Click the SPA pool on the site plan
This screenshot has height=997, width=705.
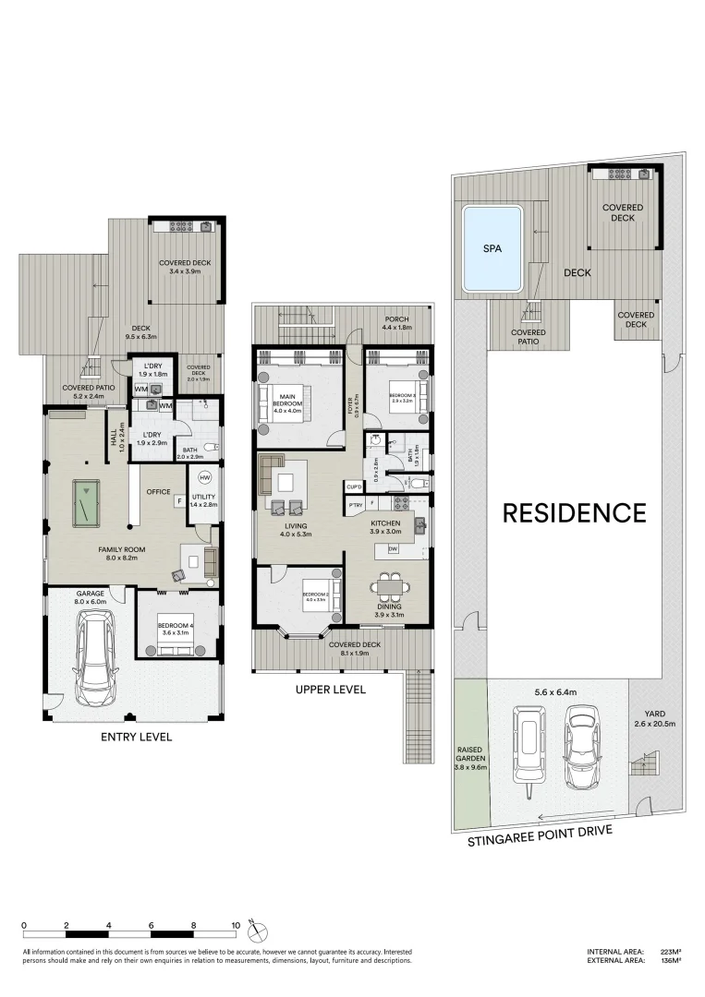(492, 249)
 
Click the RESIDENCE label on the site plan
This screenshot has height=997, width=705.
(574, 513)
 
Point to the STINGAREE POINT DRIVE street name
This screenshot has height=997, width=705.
(540, 835)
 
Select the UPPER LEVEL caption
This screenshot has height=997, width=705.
(330, 690)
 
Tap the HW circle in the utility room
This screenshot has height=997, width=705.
(204, 477)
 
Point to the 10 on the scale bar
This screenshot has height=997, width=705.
(237, 924)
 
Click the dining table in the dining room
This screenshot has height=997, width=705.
(388, 586)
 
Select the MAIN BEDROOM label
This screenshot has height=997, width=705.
(286, 401)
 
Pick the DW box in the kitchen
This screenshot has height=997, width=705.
(394, 549)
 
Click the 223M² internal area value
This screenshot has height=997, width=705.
(669, 952)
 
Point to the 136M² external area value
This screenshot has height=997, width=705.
(669, 961)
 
